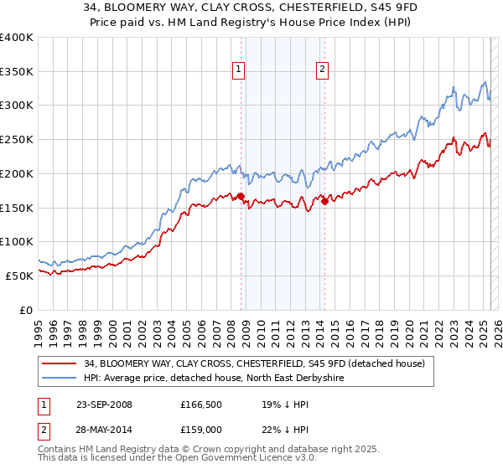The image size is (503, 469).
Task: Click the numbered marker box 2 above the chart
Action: (x=323, y=70)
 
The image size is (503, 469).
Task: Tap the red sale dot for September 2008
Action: (x=241, y=197)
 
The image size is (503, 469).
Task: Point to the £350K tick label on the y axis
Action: (x=17, y=72)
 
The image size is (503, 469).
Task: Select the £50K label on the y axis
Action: (x=19, y=276)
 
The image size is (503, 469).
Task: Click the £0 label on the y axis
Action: (x=25, y=310)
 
